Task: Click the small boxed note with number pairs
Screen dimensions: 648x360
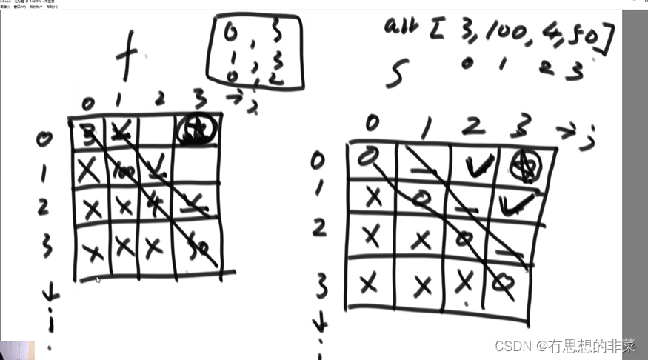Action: (255, 51)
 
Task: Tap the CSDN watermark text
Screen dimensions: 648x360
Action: (565, 345)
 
